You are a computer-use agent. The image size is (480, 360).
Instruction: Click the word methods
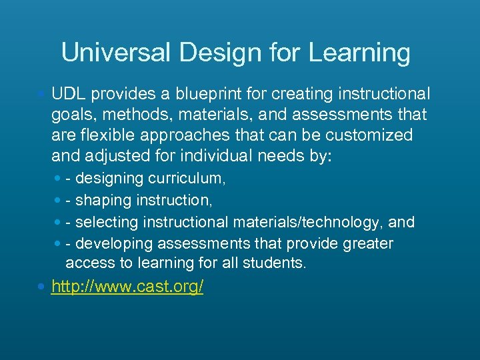click(133, 115)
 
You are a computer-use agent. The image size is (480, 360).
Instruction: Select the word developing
click(115, 243)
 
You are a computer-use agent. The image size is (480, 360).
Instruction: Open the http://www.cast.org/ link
click(127, 287)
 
